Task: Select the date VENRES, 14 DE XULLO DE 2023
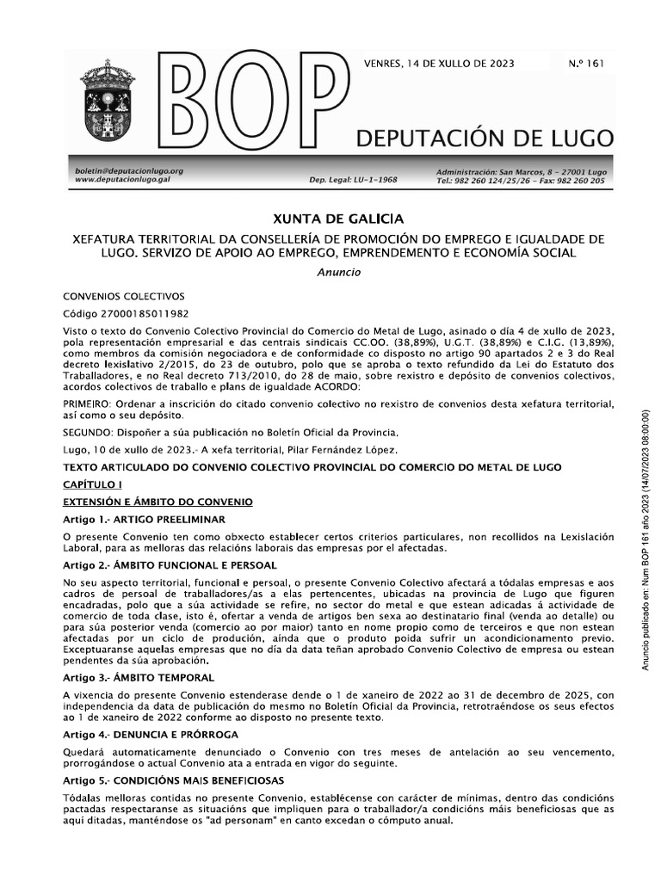443,64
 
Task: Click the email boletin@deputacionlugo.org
128,171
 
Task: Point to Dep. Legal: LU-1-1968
353,181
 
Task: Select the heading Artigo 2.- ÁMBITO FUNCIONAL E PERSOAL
170,566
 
